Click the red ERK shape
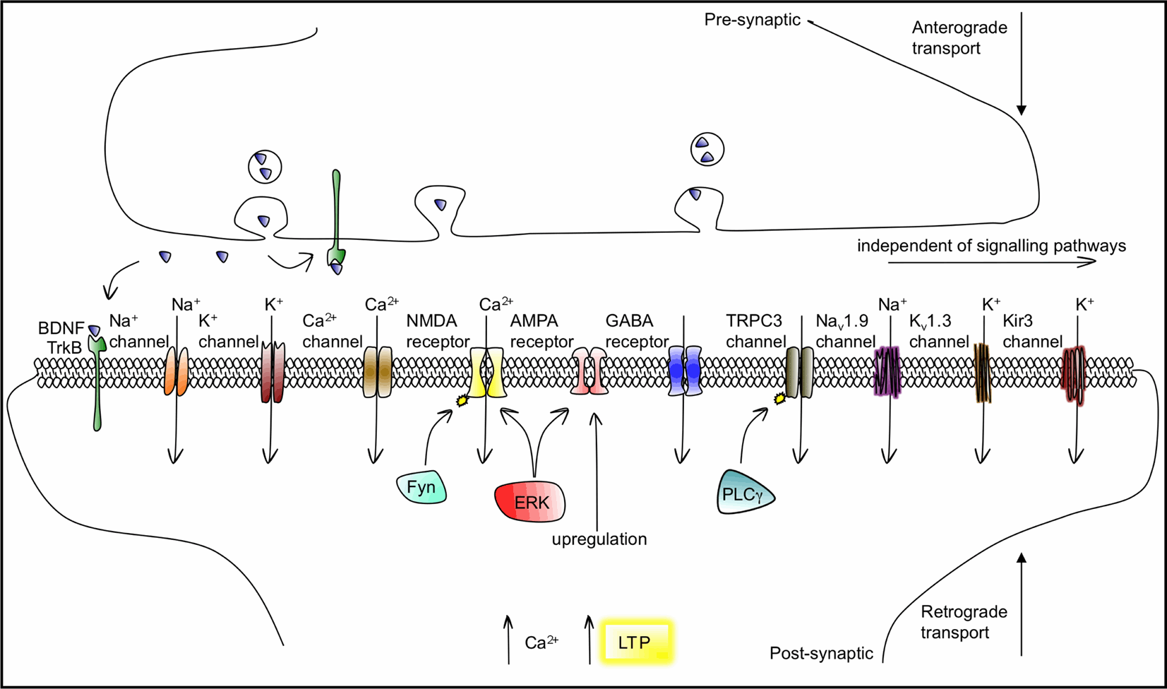[x=529, y=501]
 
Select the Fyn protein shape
[x=421, y=487]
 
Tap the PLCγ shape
[x=745, y=492]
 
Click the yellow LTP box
[x=636, y=642]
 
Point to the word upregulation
[x=599, y=539]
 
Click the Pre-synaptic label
[x=753, y=20]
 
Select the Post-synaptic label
[x=821, y=653]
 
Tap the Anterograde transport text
[x=959, y=37]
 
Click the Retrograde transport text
[x=964, y=622]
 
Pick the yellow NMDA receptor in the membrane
[x=487, y=372]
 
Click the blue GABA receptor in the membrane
[x=685, y=371]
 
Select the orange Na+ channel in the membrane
[x=176, y=371]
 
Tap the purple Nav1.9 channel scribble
[x=887, y=372]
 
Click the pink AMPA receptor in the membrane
[x=590, y=371]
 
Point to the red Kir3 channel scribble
[x=1073, y=374]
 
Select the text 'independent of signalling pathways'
[x=991, y=246]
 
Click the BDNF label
[x=61, y=328]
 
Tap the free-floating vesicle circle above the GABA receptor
[x=707, y=150]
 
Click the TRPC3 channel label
[x=755, y=331]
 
